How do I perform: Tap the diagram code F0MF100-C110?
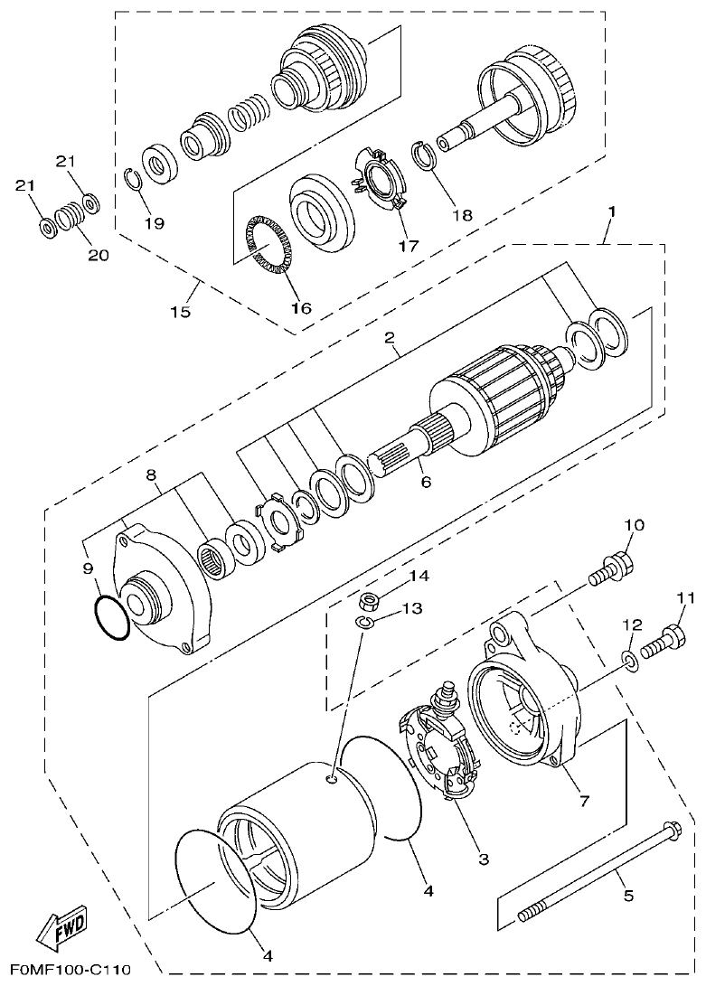(x=66, y=971)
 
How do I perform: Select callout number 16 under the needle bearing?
(x=301, y=308)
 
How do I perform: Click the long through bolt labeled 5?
(x=597, y=871)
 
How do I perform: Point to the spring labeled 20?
(x=70, y=218)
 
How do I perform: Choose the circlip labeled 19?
(x=132, y=180)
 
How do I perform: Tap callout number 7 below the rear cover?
(x=585, y=801)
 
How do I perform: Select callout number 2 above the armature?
(x=390, y=339)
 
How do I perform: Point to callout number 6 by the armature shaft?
(x=425, y=482)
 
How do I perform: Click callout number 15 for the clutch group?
(x=182, y=312)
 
